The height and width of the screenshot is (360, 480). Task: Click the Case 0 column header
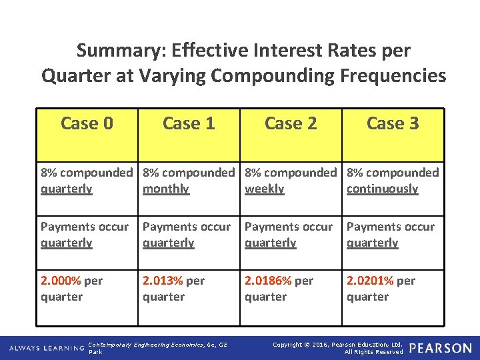pos(87,123)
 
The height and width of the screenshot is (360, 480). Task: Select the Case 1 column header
pos(189,123)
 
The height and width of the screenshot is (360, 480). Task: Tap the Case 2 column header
pos(291,123)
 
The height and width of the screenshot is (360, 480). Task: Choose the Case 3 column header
pos(393,123)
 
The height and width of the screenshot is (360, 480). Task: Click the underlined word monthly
pos(166,189)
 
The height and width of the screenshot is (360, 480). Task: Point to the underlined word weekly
pos(265,189)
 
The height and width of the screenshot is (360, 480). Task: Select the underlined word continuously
pos(382,189)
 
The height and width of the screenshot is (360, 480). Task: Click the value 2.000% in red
pos(61,281)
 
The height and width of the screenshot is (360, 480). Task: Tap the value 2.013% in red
pos(163,281)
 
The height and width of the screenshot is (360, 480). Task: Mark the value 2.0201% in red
pos(370,281)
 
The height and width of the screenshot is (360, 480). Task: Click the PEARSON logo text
pos(440,348)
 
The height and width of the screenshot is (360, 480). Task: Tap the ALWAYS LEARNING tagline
pos(46,348)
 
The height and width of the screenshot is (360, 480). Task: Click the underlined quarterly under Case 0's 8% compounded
pos(67,189)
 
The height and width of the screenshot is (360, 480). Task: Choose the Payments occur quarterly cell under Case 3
pos(391,235)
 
